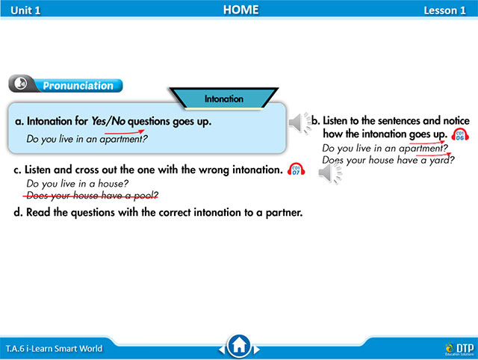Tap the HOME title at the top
click(x=240, y=10)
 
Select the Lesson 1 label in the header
click(x=444, y=10)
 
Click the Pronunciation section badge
click(x=66, y=85)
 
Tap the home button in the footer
click(x=239, y=346)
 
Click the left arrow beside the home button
click(x=221, y=348)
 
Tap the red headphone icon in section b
click(x=460, y=134)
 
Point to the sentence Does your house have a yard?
click(x=388, y=160)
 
